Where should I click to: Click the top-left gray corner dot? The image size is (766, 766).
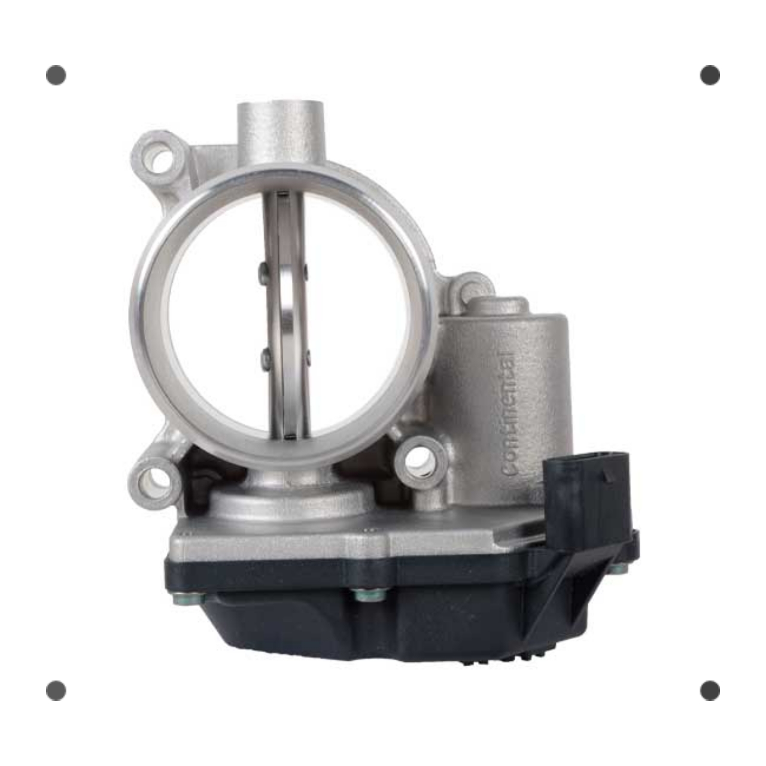[x=56, y=75]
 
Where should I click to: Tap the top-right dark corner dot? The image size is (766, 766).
[x=710, y=75]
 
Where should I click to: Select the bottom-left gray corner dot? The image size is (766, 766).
[x=56, y=691]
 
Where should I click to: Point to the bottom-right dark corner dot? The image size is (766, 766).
[x=710, y=691]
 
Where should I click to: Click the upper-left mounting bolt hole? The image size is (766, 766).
[x=160, y=160]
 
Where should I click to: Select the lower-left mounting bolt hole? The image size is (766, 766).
[x=154, y=482]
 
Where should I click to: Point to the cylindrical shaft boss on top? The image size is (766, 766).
[x=281, y=133]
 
